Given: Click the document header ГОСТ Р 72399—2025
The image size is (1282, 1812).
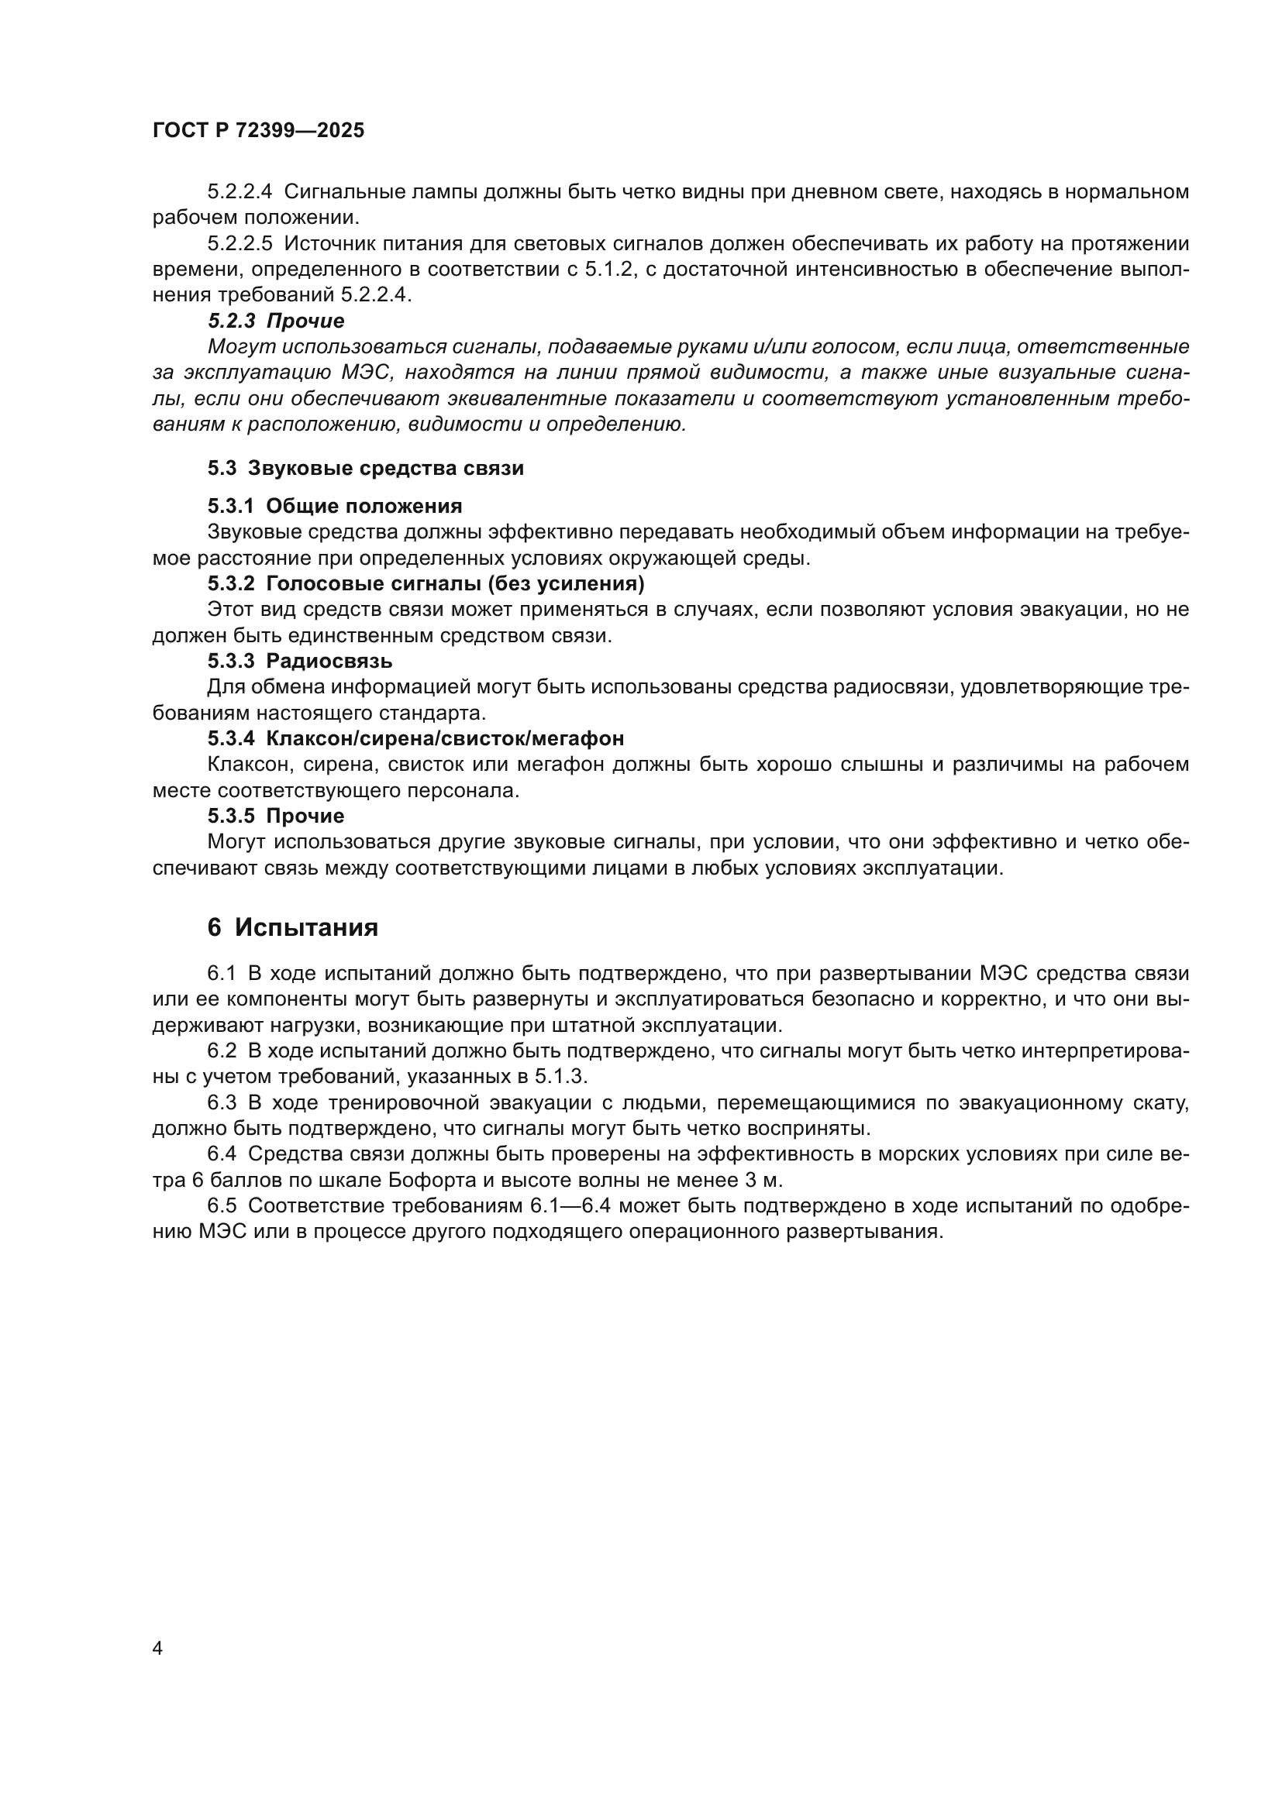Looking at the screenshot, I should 258,131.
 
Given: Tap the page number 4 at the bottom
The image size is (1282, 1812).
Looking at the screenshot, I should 158,1649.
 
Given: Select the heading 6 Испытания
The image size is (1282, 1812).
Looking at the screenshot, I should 292,927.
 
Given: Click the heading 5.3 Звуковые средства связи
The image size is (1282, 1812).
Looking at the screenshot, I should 366,468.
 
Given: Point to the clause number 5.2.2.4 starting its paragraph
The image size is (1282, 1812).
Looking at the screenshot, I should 240,192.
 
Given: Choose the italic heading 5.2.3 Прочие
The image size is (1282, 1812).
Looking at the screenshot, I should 276,321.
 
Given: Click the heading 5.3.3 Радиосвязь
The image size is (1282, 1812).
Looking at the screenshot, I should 300,661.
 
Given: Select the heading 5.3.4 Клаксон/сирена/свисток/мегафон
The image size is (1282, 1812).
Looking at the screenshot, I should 415,739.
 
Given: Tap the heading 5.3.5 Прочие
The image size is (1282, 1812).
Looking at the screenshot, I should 276,816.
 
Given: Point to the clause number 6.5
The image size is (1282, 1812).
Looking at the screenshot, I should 222,1207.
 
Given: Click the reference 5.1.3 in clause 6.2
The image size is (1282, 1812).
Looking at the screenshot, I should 560,1078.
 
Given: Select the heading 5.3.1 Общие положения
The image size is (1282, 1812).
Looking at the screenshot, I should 335,506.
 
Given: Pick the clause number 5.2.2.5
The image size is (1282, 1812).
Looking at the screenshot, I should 240,244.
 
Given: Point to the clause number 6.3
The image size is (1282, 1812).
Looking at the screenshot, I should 222,1103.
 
